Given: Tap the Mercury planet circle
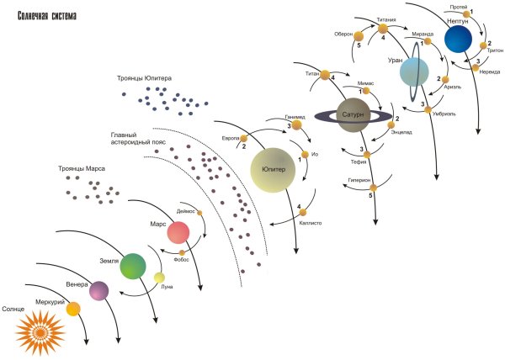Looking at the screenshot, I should click(73, 310).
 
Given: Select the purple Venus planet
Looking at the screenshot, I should click(99, 291).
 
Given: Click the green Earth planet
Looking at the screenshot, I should click(133, 266).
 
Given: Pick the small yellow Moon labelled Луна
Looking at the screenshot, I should click(159, 278).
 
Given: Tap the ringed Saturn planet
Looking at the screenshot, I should click(351, 114).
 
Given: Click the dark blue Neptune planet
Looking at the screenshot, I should click(460, 39).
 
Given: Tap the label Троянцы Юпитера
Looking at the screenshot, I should click(145, 78).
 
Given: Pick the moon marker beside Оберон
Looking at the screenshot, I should click(358, 35).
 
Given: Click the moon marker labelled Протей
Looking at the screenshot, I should click(466, 14).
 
